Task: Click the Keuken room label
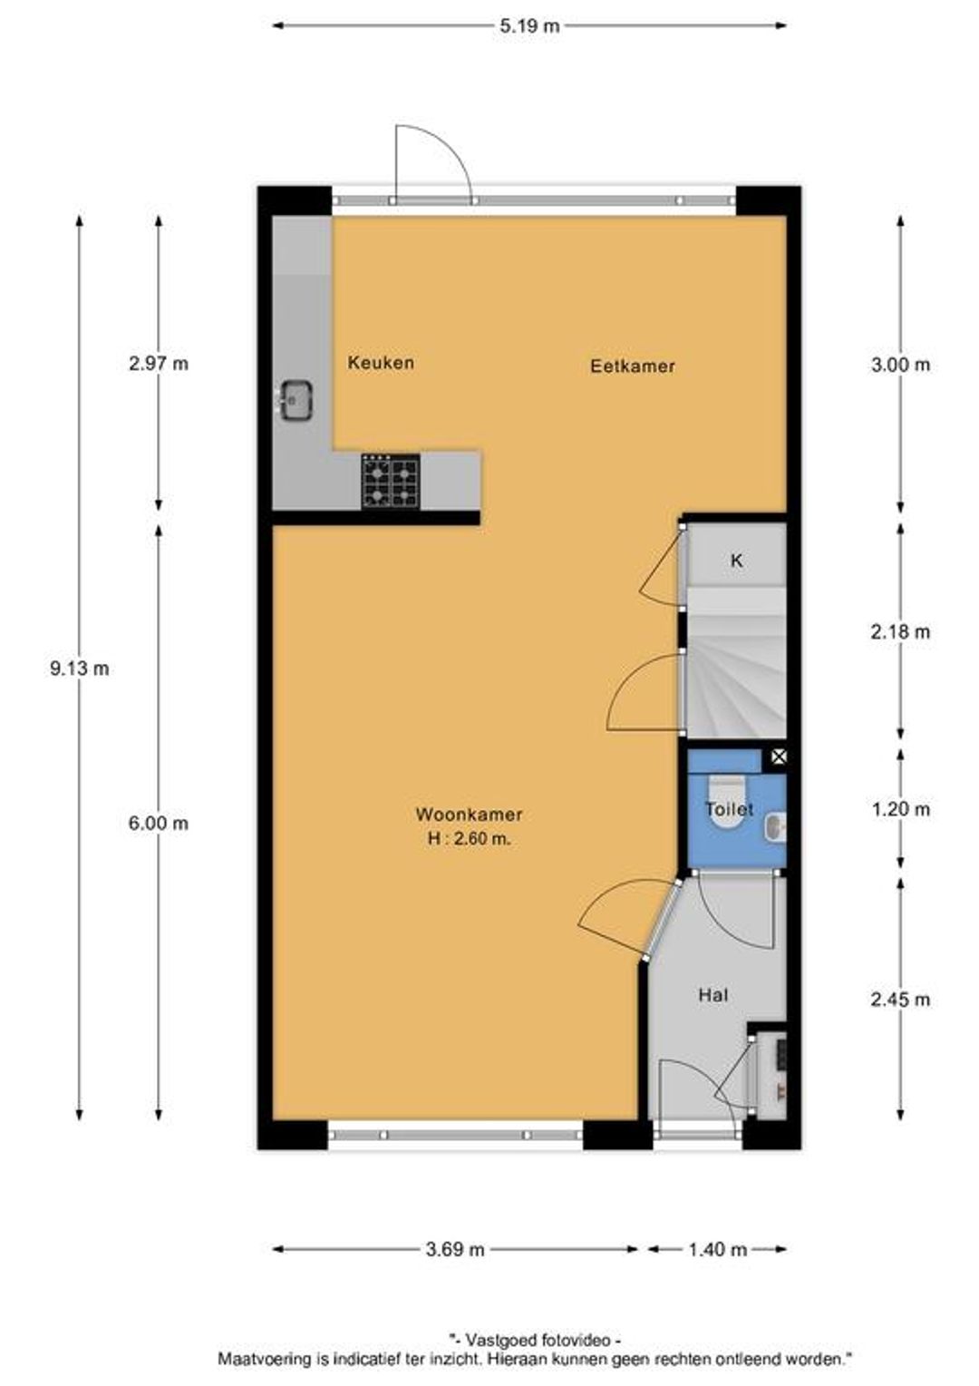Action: click(381, 363)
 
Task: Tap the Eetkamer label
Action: click(632, 366)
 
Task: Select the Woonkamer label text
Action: click(469, 815)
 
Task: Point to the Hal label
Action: click(713, 995)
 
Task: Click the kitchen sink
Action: click(296, 400)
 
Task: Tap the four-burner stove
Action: click(390, 482)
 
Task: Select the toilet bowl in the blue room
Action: click(727, 803)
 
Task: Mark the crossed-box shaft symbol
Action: click(778, 756)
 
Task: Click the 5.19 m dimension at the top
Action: click(529, 26)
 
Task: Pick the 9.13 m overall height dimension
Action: click(80, 669)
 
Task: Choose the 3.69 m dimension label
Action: click(454, 1249)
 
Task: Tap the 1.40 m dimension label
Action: click(717, 1249)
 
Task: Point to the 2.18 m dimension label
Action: click(900, 631)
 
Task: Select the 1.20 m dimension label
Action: click(900, 809)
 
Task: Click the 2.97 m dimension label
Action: click(159, 364)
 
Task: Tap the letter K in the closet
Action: click(736, 561)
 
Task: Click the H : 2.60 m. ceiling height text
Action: click(470, 840)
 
